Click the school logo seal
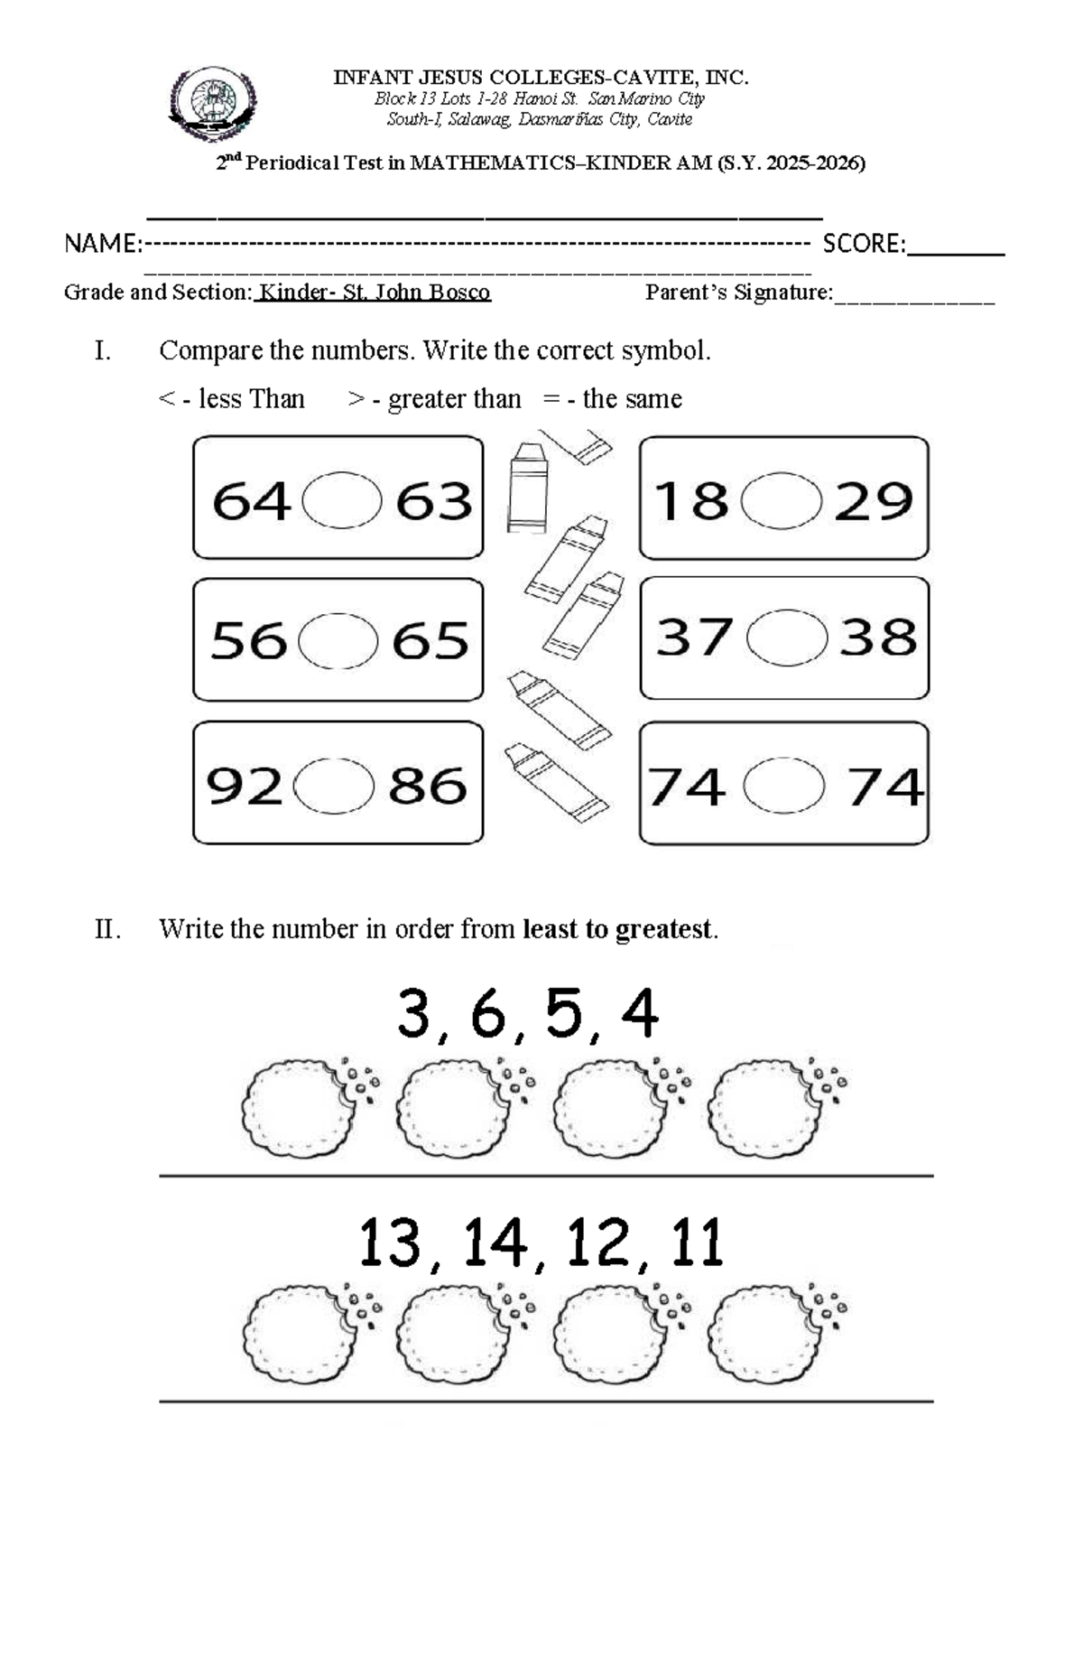click(x=213, y=104)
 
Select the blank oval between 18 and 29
click(x=782, y=499)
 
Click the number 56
click(x=248, y=641)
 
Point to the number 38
click(x=877, y=638)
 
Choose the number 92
click(x=244, y=786)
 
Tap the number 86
click(x=428, y=786)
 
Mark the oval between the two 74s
click(x=783, y=786)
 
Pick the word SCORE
click(x=863, y=244)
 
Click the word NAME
click(x=101, y=244)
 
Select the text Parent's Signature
click(x=738, y=293)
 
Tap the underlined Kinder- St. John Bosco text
click(x=374, y=293)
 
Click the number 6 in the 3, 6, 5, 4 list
click(x=487, y=1013)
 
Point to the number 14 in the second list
click(x=495, y=1243)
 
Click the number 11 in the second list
click(x=697, y=1243)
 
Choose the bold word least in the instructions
click(x=553, y=928)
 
